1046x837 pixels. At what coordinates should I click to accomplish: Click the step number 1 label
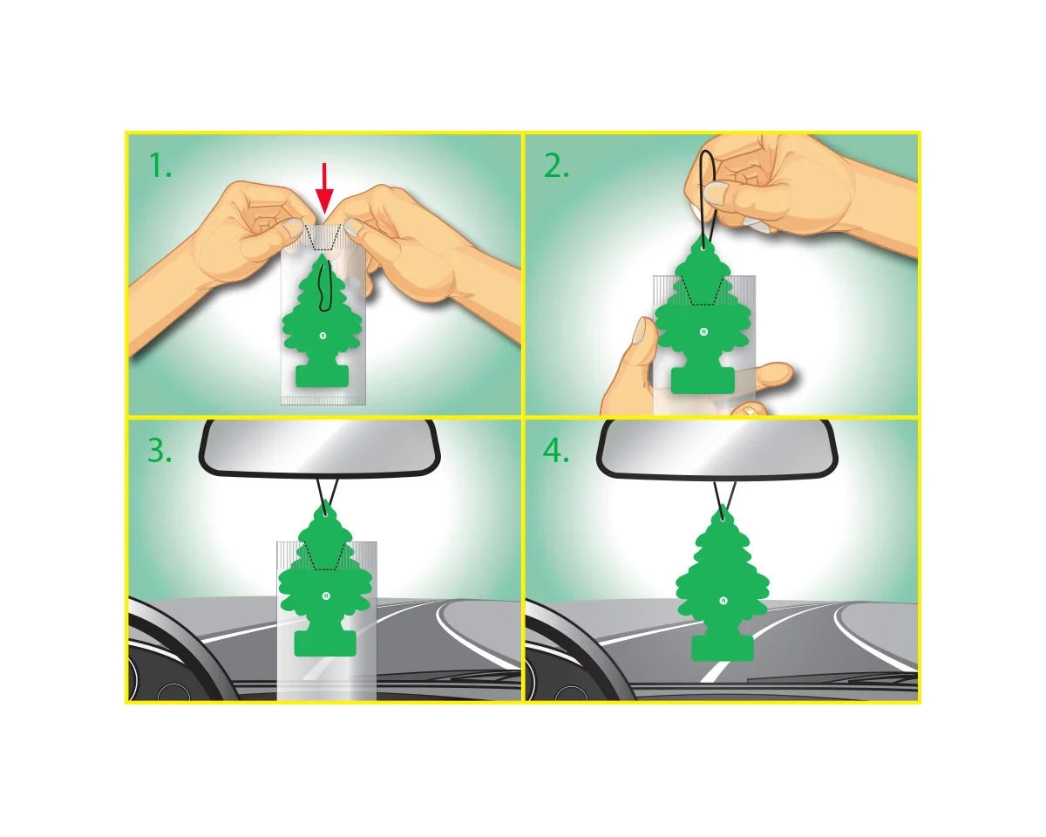[160, 166]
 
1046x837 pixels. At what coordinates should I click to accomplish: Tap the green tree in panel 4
[723, 583]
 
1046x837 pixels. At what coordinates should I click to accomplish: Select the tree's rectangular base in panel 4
[723, 647]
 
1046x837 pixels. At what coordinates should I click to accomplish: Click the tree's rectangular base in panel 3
[325, 642]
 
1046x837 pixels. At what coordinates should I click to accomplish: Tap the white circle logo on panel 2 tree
[703, 332]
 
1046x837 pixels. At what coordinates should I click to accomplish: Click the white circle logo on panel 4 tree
[723, 601]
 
